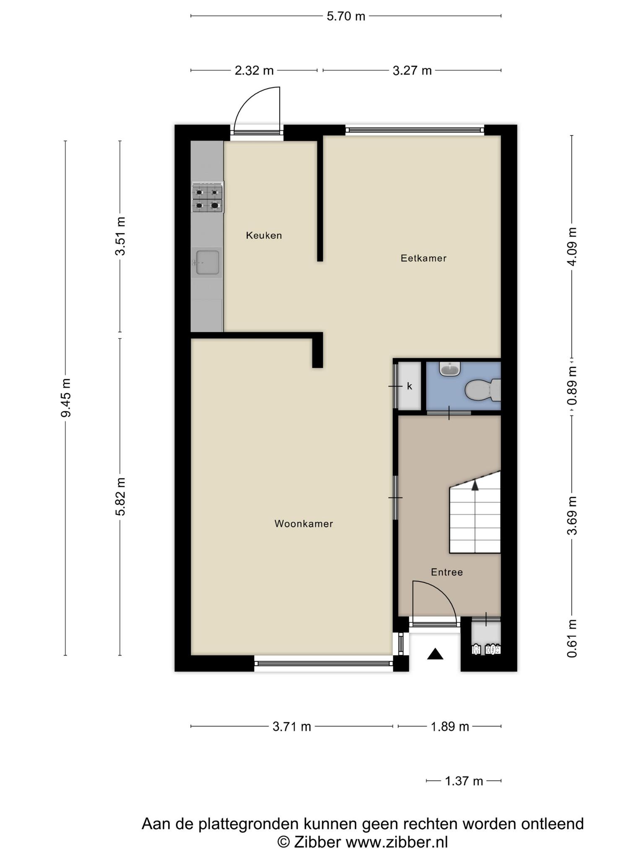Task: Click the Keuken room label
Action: point(264,235)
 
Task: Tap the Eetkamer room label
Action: point(423,258)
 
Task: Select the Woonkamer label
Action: point(304,523)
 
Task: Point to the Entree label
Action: point(447,572)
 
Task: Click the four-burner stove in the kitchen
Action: point(208,197)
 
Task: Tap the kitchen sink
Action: point(207,263)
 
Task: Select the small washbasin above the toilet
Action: point(450,369)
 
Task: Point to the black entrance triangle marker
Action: point(435,654)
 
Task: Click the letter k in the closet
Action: point(410,386)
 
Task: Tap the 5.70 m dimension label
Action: point(346,16)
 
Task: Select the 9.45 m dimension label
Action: point(66,398)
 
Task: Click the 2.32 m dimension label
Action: point(254,70)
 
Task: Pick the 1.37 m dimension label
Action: point(464,781)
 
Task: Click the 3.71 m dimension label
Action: point(292,726)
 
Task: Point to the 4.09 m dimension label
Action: point(572,246)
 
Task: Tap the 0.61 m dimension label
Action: point(572,638)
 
